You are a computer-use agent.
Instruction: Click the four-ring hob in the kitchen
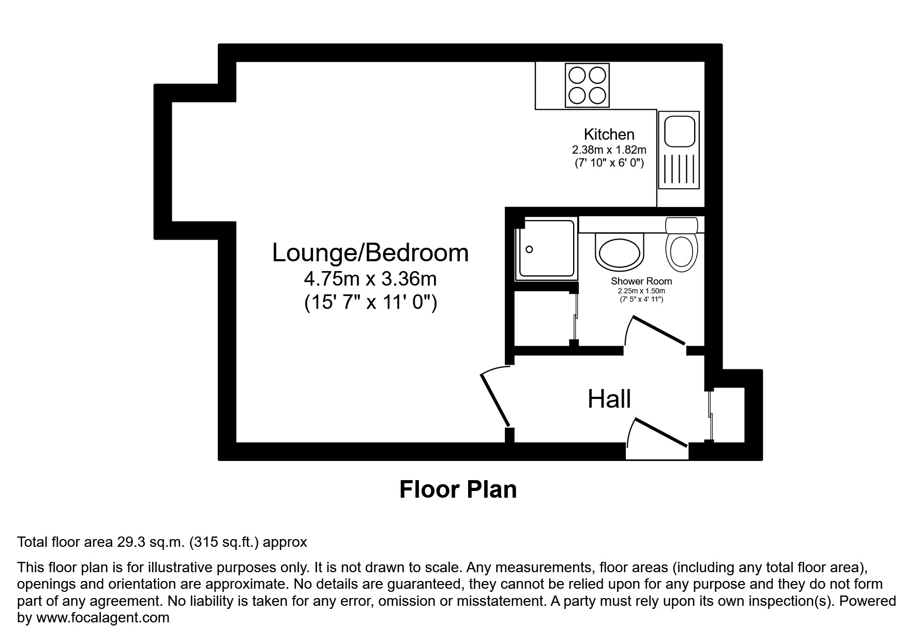(587, 85)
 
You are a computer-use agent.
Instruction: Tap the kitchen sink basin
(679, 131)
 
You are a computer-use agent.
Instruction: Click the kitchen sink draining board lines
(678, 170)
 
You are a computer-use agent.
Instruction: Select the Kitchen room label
(609, 135)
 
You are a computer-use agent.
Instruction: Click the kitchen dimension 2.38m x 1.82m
(609, 150)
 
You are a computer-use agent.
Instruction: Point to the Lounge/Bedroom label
(370, 253)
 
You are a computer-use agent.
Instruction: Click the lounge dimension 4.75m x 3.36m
(370, 279)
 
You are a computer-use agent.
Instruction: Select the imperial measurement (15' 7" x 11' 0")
(370, 302)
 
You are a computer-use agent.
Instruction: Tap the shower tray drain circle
(529, 249)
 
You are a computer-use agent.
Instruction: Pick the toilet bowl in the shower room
(681, 252)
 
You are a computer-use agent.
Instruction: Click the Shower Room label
(641, 281)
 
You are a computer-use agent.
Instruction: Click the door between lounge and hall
(495, 399)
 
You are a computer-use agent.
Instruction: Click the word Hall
(609, 399)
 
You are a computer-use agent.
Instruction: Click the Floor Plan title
(458, 489)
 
